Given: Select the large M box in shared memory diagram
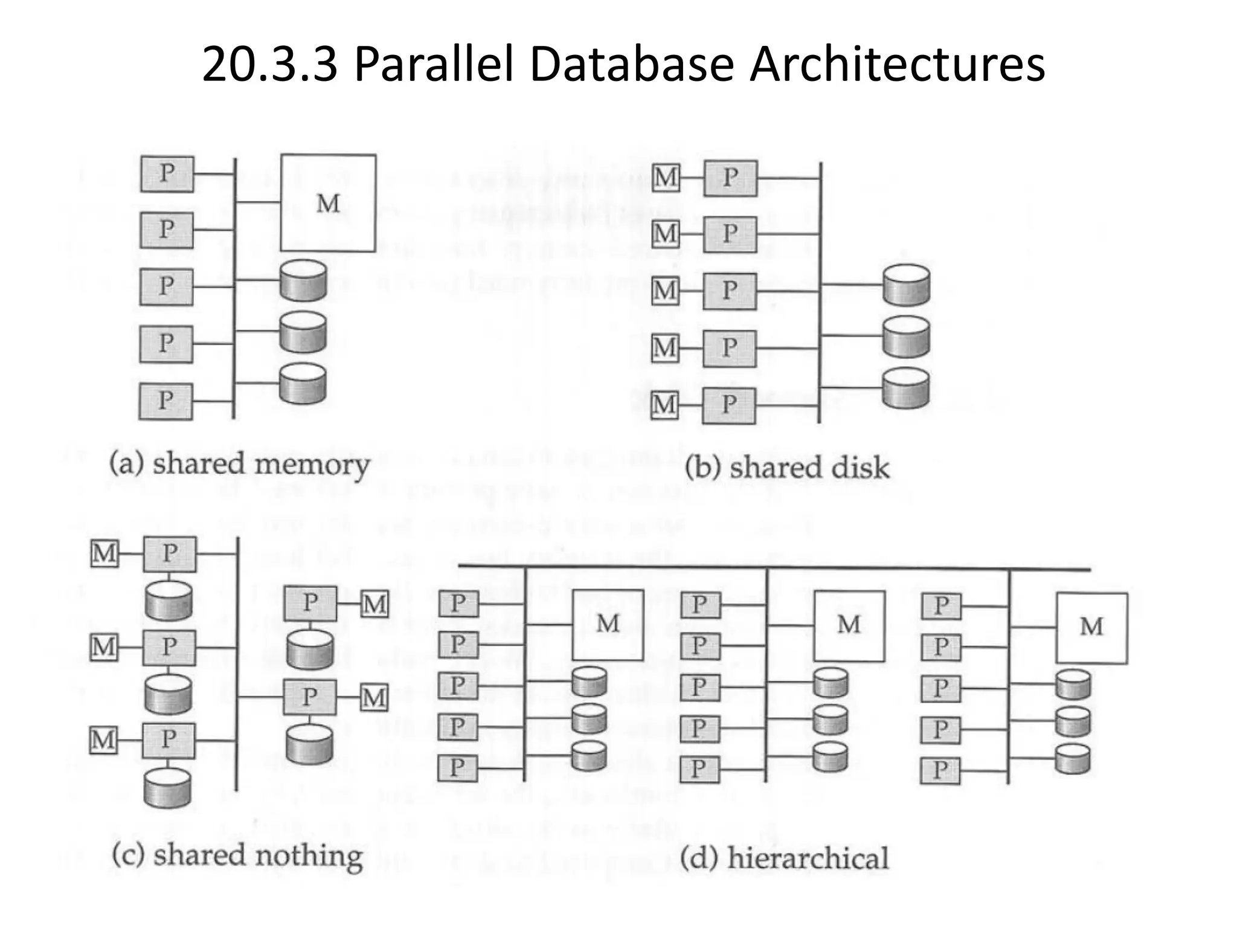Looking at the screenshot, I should point(328,203).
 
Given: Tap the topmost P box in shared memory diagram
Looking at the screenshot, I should point(167,174).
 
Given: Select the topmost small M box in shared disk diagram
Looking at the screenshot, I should point(666,178).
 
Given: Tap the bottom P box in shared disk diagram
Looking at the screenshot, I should point(729,405).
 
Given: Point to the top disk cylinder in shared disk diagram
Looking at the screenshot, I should point(905,286).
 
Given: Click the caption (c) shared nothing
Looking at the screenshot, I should point(237,856).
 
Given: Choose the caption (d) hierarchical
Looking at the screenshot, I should point(784,859).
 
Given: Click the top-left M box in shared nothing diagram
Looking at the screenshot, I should point(104,553).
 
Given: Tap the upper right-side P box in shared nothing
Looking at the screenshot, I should point(310,602).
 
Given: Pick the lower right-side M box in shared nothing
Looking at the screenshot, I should point(374,698).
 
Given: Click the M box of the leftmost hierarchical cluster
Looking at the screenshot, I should point(608,625).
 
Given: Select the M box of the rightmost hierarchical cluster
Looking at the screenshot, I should point(1091,628).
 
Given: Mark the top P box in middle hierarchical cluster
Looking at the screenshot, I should point(700,605).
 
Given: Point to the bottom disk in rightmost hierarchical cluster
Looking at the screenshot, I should point(1073,759).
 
